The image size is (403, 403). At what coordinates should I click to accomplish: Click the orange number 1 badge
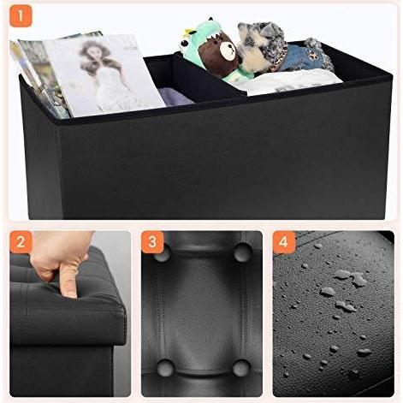click(21, 16)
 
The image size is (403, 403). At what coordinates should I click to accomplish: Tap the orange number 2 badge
click(21, 242)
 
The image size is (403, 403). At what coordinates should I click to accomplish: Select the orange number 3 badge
click(152, 242)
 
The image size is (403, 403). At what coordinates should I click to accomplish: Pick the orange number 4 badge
click(284, 242)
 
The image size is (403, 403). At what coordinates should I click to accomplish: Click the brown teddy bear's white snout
click(228, 51)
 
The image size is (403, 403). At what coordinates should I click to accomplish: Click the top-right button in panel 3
click(242, 252)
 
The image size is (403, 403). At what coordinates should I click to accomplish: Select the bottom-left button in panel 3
click(165, 367)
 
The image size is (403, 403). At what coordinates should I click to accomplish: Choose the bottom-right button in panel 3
click(241, 368)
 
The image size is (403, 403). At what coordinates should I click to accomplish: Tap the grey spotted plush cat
click(263, 45)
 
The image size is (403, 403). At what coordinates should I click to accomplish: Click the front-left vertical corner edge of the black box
click(59, 171)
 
